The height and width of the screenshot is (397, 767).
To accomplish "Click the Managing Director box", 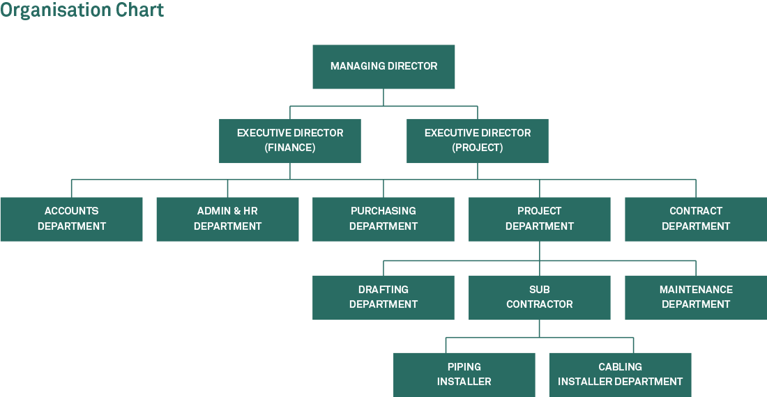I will [383, 67].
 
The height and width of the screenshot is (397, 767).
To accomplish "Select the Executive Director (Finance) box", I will [290, 141].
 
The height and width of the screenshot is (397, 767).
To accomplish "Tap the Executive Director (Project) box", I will [478, 141].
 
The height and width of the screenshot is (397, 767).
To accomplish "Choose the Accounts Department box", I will [71, 219].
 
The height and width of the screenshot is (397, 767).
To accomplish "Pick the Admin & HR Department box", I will [227, 219].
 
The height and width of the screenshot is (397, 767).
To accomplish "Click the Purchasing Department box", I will [383, 219].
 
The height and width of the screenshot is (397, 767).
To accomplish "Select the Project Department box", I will [540, 219].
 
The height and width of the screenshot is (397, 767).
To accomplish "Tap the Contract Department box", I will [696, 219].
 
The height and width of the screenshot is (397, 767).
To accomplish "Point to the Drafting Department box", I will [383, 297].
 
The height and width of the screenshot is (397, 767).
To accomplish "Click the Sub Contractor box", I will [540, 297].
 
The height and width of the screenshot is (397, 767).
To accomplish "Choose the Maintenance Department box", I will [696, 297].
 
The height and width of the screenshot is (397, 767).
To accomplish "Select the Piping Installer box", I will [464, 375].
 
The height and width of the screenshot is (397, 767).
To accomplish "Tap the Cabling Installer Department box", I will [621, 375].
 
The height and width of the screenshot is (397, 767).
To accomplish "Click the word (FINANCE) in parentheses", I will [290, 148].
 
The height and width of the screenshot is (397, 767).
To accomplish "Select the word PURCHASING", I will [383, 211].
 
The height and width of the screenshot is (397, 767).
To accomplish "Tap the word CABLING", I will [621, 367].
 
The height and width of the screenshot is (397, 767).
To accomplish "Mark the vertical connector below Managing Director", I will [383, 98].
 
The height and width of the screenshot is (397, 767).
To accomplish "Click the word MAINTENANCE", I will [696, 290].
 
